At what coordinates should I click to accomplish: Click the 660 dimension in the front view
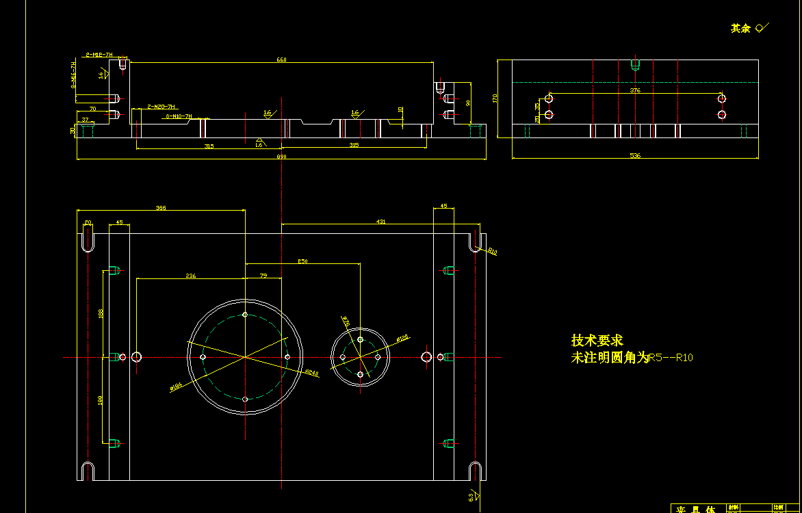pos(281,60)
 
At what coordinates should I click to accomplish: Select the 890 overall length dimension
pos(281,157)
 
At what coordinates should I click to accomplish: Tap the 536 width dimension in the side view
pos(635,157)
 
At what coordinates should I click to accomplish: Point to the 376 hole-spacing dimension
pos(635,90)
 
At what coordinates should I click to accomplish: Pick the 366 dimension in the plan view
pos(161,207)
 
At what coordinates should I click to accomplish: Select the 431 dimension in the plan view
pos(381,222)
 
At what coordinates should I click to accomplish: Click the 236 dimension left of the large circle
pos(191,276)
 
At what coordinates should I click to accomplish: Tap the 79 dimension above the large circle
pos(263,276)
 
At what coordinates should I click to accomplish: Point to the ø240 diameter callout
pos(311,373)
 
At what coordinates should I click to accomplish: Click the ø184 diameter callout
pos(176,388)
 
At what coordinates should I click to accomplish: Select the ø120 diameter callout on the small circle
pos(402,338)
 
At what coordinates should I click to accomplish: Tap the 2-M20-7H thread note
pos(162,107)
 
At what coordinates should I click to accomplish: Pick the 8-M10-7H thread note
pos(179,117)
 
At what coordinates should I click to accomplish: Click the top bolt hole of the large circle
pos(245,315)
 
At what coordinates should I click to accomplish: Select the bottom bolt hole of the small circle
pos(361,374)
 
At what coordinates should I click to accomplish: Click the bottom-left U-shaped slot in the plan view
pos(87,471)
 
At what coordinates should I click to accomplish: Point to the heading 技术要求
pos(597,341)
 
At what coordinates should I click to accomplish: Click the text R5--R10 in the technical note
pos(671,357)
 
